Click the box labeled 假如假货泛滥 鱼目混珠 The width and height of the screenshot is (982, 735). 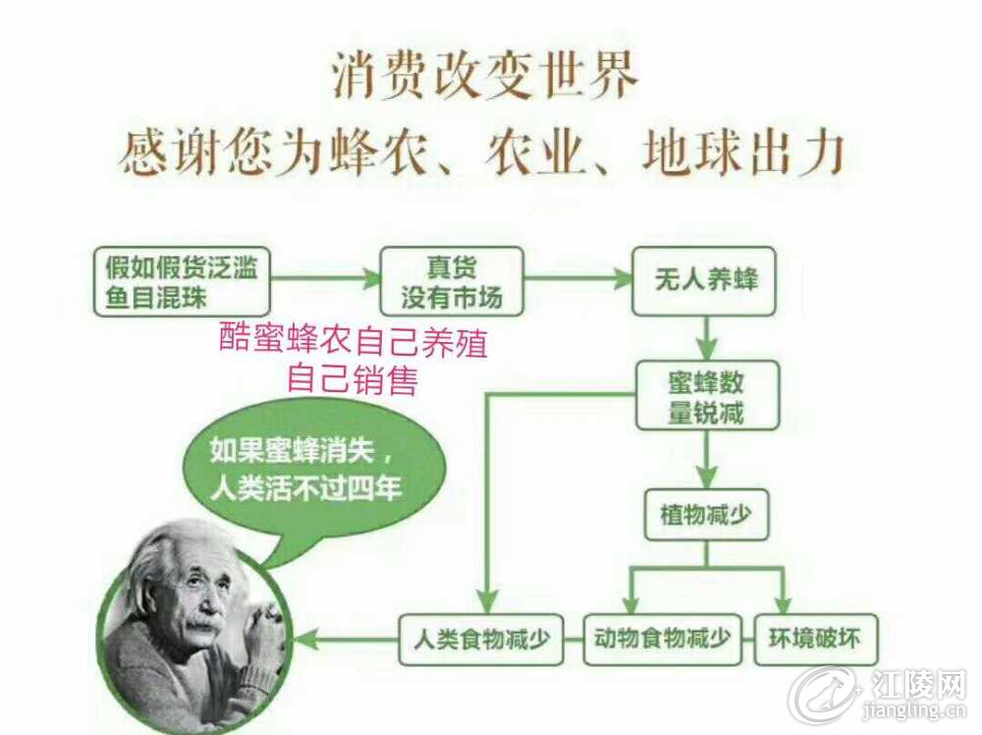coord(182,281)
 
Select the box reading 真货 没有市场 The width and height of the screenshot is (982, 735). coord(452,281)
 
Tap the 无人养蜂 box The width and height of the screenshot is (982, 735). coord(704,281)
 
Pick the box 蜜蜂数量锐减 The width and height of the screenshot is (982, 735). coord(707,395)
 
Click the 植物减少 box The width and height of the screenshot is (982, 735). coord(706,515)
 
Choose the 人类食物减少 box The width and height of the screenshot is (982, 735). coord(481,640)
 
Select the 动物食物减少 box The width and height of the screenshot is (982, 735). coord(662,639)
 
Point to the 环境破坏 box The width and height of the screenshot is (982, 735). coord(815,639)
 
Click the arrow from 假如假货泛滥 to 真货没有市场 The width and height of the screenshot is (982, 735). coord(326,278)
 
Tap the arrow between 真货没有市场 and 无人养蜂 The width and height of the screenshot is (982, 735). coord(578,278)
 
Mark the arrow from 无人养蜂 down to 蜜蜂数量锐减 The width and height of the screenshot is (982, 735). coord(708,338)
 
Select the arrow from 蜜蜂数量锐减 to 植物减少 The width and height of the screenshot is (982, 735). coord(708,459)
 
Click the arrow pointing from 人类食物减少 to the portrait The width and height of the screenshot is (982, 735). coord(347,640)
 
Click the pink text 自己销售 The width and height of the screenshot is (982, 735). coord(352,379)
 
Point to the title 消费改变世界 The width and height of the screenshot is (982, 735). coord(485,76)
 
